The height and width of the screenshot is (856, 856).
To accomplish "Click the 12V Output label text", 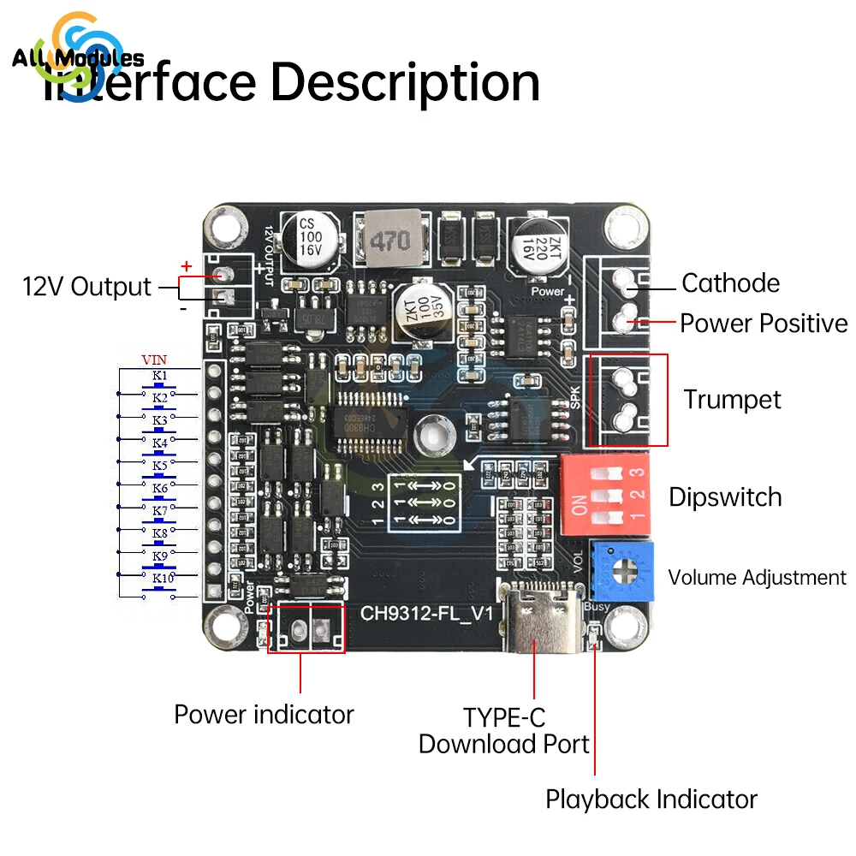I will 86,287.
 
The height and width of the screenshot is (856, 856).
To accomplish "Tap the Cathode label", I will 730,283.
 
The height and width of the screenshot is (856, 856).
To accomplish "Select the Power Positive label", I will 763,324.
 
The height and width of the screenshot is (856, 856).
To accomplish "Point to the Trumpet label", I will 732,400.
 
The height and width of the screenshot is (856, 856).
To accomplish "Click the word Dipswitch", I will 725,497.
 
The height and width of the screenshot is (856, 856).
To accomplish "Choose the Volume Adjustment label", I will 757,578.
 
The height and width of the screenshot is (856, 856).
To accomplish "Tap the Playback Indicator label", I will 651,800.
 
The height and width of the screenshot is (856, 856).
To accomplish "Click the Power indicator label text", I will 264,715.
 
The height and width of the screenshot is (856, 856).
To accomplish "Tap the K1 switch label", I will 159,376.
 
